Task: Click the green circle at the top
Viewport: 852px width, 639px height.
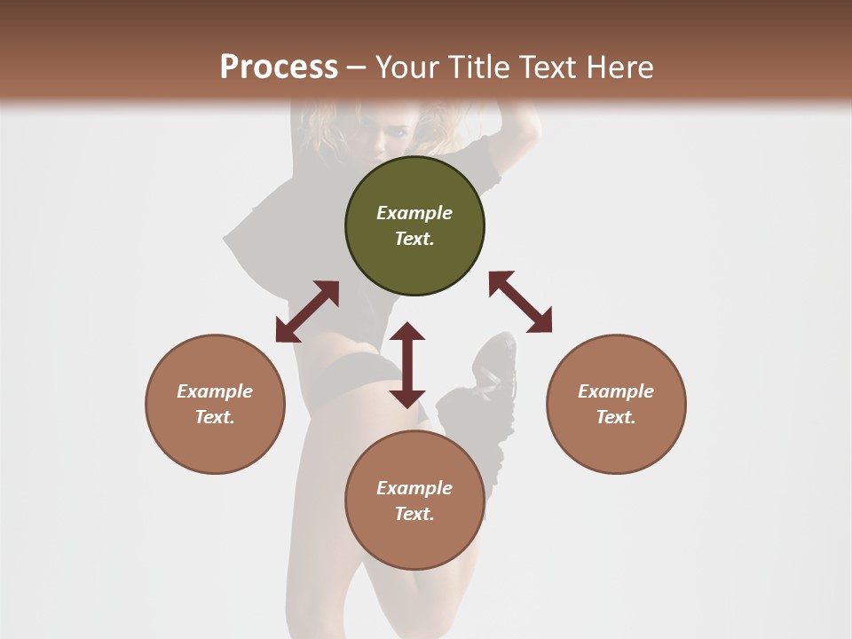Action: (414, 225)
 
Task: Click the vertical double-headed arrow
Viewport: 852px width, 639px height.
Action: (407, 365)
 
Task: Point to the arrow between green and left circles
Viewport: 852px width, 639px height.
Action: (307, 312)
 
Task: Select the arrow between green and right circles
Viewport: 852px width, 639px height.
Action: (520, 302)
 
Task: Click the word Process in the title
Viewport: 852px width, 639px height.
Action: (279, 67)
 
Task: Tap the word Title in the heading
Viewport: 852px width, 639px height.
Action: (479, 67)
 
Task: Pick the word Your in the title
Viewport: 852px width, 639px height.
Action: (407, 67)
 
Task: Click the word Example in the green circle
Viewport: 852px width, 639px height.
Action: (414, 213)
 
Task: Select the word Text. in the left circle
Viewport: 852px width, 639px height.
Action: (215, 417)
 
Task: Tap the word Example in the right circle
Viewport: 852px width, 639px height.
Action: (616, 391)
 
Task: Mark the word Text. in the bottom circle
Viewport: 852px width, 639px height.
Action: (414, 514)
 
